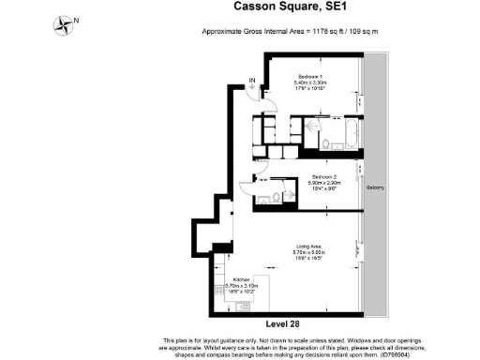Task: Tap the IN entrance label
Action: point(251,82)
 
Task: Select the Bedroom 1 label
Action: point(310,76)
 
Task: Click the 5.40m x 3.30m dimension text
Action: point(310,82)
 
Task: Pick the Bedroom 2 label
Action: point(323,176)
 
